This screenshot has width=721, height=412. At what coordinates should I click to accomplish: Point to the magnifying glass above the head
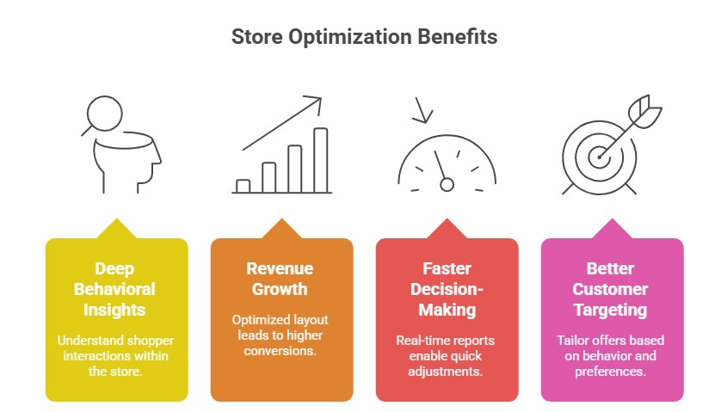pos(101,114)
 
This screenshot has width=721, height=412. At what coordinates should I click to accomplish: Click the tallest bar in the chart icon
pos(320,159)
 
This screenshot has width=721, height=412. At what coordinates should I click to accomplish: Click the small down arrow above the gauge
pos(422,111)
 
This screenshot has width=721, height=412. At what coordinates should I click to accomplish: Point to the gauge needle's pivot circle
pos(447,183)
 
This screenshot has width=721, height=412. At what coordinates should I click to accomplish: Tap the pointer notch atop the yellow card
pos(116,230)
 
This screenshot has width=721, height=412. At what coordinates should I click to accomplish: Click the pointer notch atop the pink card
pos(612,230)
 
